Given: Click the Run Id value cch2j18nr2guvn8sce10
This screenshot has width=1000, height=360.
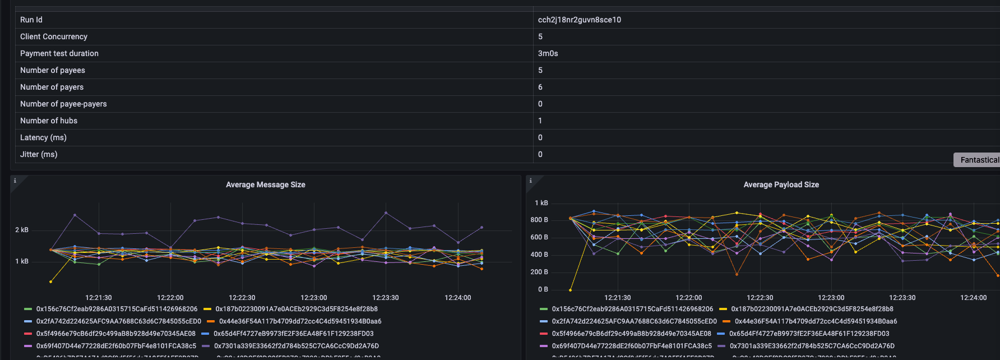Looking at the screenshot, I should click(x=579, y=20).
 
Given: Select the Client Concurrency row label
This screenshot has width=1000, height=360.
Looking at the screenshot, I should click(x=54, y=36).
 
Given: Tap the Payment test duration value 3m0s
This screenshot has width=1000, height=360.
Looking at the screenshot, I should click(x=548, y=53).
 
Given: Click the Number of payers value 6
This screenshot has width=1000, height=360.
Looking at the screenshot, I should click(x=540, y=87).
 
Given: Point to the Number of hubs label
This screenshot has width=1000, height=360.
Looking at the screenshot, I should click(x=49, y=121).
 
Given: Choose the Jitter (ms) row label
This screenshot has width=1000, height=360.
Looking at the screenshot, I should click(x=39, y=154).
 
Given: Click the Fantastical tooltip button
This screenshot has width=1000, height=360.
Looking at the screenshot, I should click(x=979, y=160).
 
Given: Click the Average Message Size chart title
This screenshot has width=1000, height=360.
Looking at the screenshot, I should click(x=265, y=184).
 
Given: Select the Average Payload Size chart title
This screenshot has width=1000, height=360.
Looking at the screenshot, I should click(x=781, y=184).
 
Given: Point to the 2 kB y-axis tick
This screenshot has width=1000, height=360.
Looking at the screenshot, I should click(x=22, y=230).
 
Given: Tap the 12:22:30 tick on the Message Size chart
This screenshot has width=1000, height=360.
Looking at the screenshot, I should click(x=242, y=298).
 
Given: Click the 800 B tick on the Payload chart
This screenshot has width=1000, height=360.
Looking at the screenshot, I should click(x=539, y=220).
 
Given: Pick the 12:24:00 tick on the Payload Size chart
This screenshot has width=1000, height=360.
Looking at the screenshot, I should click(x=973, y=298).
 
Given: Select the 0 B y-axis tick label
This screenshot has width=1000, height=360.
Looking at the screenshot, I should click(x=543, y=289).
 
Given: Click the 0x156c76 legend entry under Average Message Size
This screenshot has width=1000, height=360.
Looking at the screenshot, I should click(x=117, y=309).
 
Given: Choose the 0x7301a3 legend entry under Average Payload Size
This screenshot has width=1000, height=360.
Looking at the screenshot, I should click(x=812, y=346).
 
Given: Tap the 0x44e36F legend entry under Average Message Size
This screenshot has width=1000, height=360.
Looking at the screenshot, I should click(x=300, y=321).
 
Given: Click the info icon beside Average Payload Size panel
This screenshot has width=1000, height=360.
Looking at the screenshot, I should click(x=530, y=181).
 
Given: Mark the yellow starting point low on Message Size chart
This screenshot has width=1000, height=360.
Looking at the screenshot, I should click(x=51, y=281).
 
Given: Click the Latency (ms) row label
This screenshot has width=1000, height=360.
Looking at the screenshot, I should click(x=43, y=137).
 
